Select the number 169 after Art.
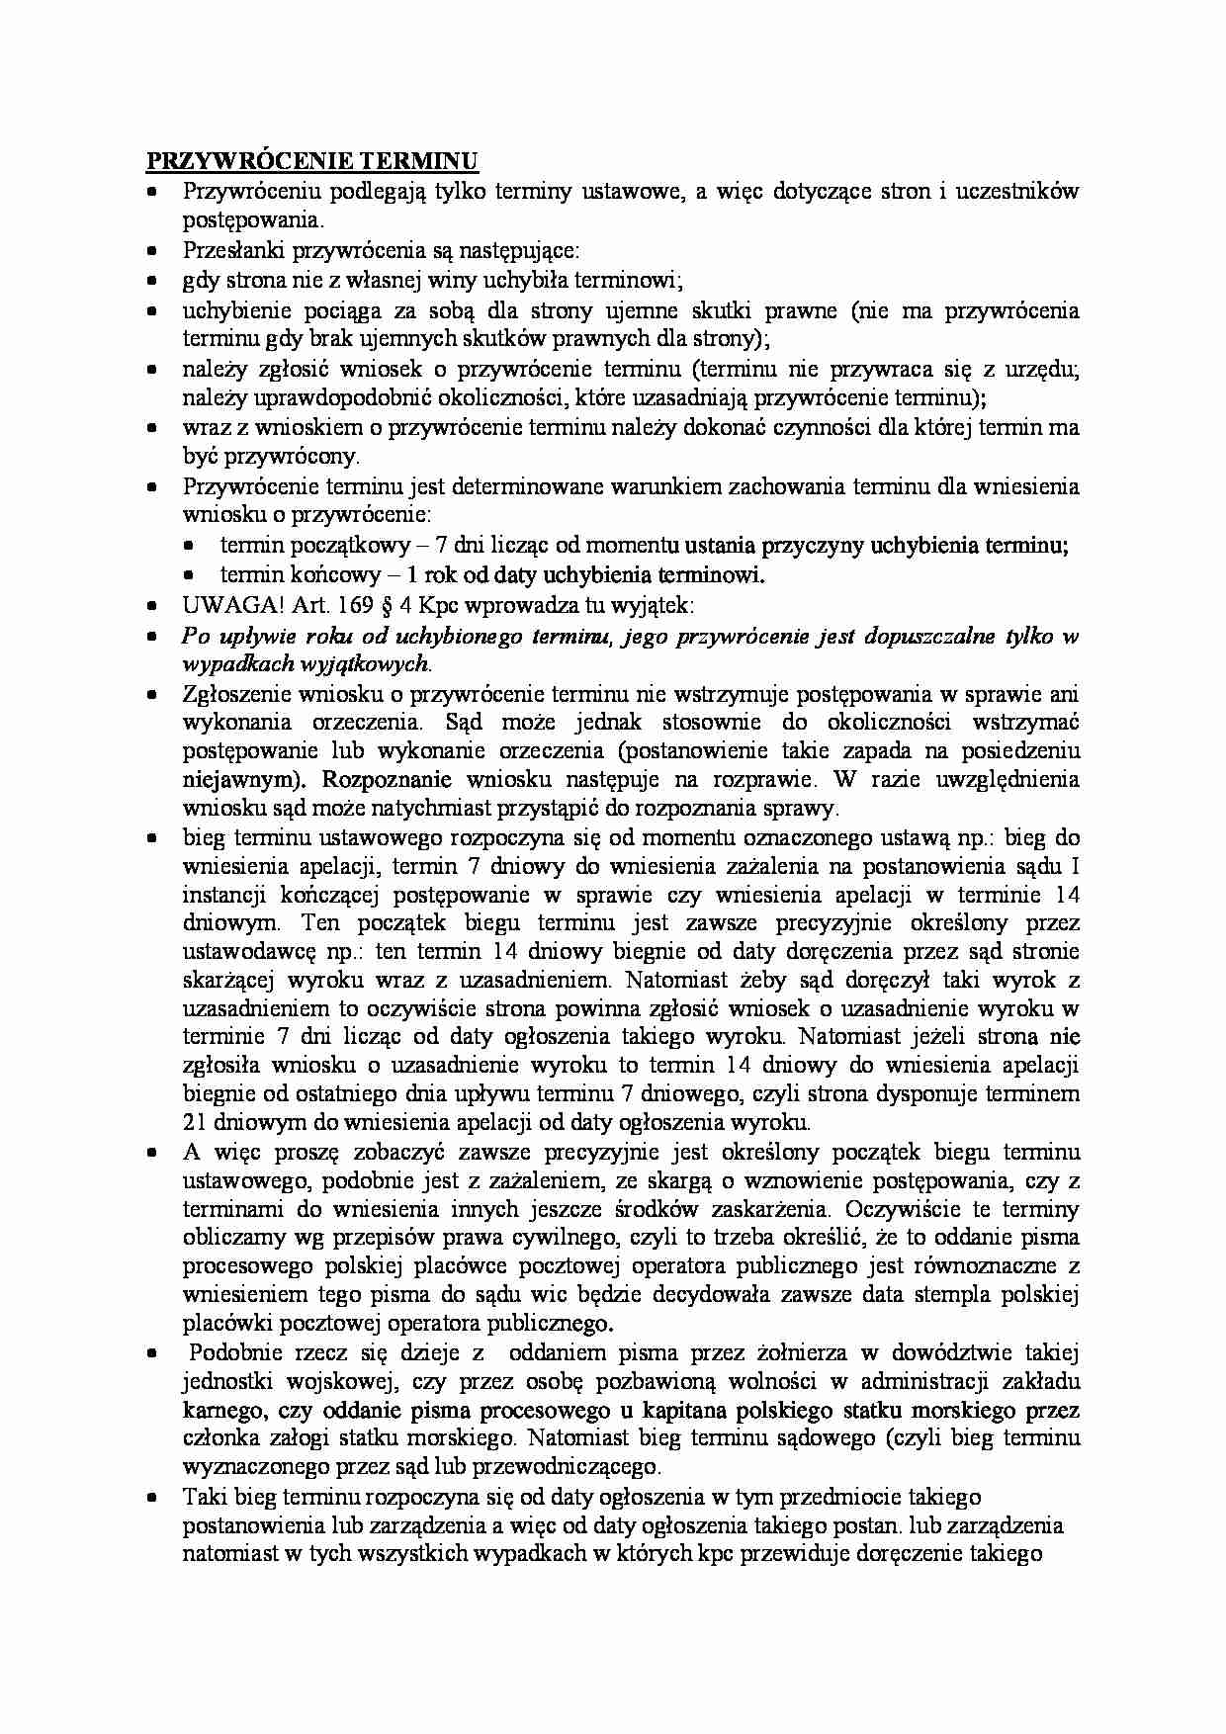(x=348, y=605)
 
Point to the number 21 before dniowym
(x=195, y=1122)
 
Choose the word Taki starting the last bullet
(x=204, y=1497)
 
